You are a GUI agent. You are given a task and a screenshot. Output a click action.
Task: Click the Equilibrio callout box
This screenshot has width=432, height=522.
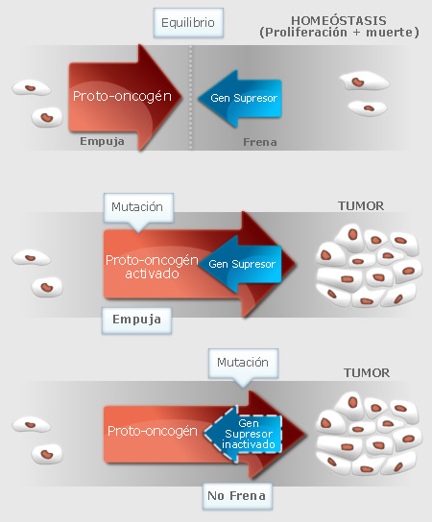coord(188,23)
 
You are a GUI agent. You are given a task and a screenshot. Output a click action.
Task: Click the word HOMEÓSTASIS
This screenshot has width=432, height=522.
coord(339,21)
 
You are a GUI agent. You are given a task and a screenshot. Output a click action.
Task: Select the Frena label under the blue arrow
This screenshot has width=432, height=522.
coord(260,142)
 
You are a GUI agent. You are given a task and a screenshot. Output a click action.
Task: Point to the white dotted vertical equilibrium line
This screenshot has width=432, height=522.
coord(191,98)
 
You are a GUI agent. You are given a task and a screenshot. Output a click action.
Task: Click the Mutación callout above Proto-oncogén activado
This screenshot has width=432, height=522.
coord(138,209)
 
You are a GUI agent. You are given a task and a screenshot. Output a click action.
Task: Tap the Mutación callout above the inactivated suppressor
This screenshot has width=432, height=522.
coord(243,365)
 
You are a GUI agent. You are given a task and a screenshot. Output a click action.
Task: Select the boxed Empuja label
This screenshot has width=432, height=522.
coord(137,320)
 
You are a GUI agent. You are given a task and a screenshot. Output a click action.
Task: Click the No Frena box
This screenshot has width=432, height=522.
coord(237,496)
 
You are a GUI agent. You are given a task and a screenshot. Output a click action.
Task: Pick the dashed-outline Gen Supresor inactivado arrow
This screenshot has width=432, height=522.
coord(243,434)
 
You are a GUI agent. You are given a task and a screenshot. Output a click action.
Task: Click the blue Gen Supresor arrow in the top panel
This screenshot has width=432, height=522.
coord(240,99)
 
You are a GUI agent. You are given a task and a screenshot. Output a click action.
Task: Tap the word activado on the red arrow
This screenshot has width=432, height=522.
coord(153,273)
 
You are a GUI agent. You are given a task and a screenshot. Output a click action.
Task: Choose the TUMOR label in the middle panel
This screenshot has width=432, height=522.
coord(361,206)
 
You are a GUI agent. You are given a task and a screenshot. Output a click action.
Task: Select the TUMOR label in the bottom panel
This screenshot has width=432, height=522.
coord(367,373)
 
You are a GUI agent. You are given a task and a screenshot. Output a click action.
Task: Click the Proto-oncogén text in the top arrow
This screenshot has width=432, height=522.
coord(122,96)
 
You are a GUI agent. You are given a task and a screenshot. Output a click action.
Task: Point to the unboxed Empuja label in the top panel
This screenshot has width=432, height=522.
coord(103,141)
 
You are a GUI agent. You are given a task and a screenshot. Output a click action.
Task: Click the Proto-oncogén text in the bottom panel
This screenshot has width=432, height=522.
coord(153,431)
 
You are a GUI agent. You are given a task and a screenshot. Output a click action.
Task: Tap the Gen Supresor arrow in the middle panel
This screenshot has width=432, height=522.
coord(240,264)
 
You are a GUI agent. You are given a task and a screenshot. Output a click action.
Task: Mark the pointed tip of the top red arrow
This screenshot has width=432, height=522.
coord(181,97)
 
